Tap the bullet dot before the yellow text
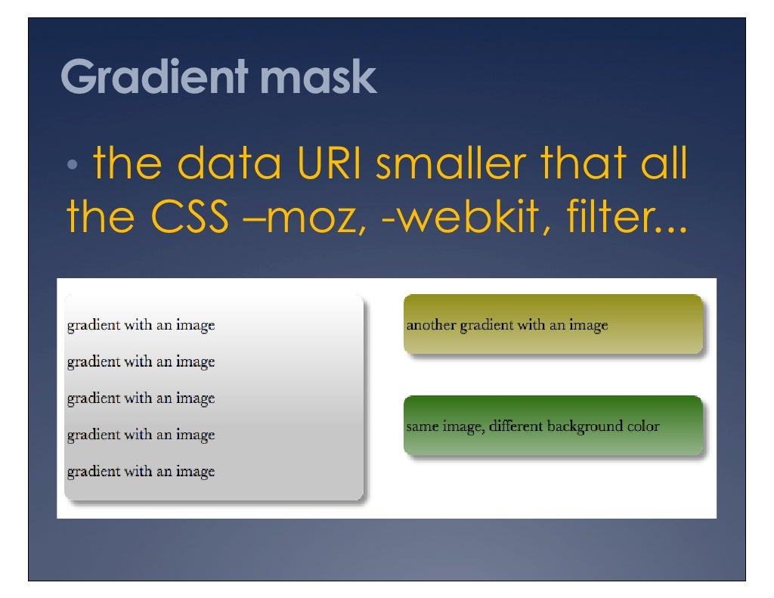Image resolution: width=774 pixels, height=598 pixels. pyautogui.click(x=71, y=166)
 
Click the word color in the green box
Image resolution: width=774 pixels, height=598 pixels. pyautogui.click(x=643, y=426)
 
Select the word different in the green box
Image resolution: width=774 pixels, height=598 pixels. pyautogui.click(x=516, y=426)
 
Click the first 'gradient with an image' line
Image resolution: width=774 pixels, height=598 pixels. pyautogui.click(x=141, y=326)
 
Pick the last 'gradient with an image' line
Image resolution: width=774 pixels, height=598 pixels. pyautogui.click(x=141, y=472)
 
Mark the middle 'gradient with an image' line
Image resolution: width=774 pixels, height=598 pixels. pyautogui.click(x=141, y=398)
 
